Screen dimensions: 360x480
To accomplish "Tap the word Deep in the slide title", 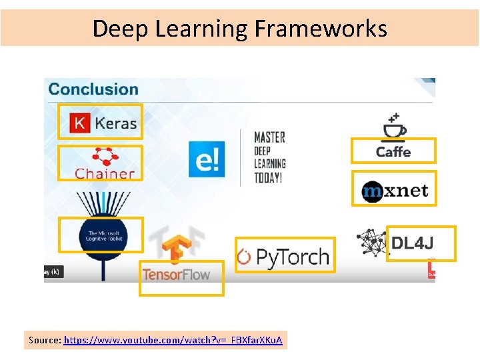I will click(114, 29).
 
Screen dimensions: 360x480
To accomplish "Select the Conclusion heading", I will click(93, 89).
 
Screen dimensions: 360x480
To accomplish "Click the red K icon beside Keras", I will click(80, 123).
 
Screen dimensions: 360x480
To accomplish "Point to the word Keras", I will click(116, 123).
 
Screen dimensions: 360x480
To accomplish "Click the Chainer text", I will click(105, 173).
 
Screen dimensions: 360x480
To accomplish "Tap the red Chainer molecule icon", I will click(104, 156).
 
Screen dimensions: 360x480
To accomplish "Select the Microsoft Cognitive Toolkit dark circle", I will click(101, 237).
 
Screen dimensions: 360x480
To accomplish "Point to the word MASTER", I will click(269, 137).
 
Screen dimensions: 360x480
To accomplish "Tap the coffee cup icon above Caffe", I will click(394, 128).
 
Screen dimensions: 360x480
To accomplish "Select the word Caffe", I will click(393, 152).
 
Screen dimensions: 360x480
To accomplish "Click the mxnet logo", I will click(395, 191).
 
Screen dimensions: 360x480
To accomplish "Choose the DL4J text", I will click(412, 243).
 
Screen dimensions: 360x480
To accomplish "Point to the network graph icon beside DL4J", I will click(372, 243).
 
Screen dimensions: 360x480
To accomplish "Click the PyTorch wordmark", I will click(283, 257).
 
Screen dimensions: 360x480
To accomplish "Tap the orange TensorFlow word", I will click(176, 274).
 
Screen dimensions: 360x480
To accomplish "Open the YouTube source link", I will click(173, 340).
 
